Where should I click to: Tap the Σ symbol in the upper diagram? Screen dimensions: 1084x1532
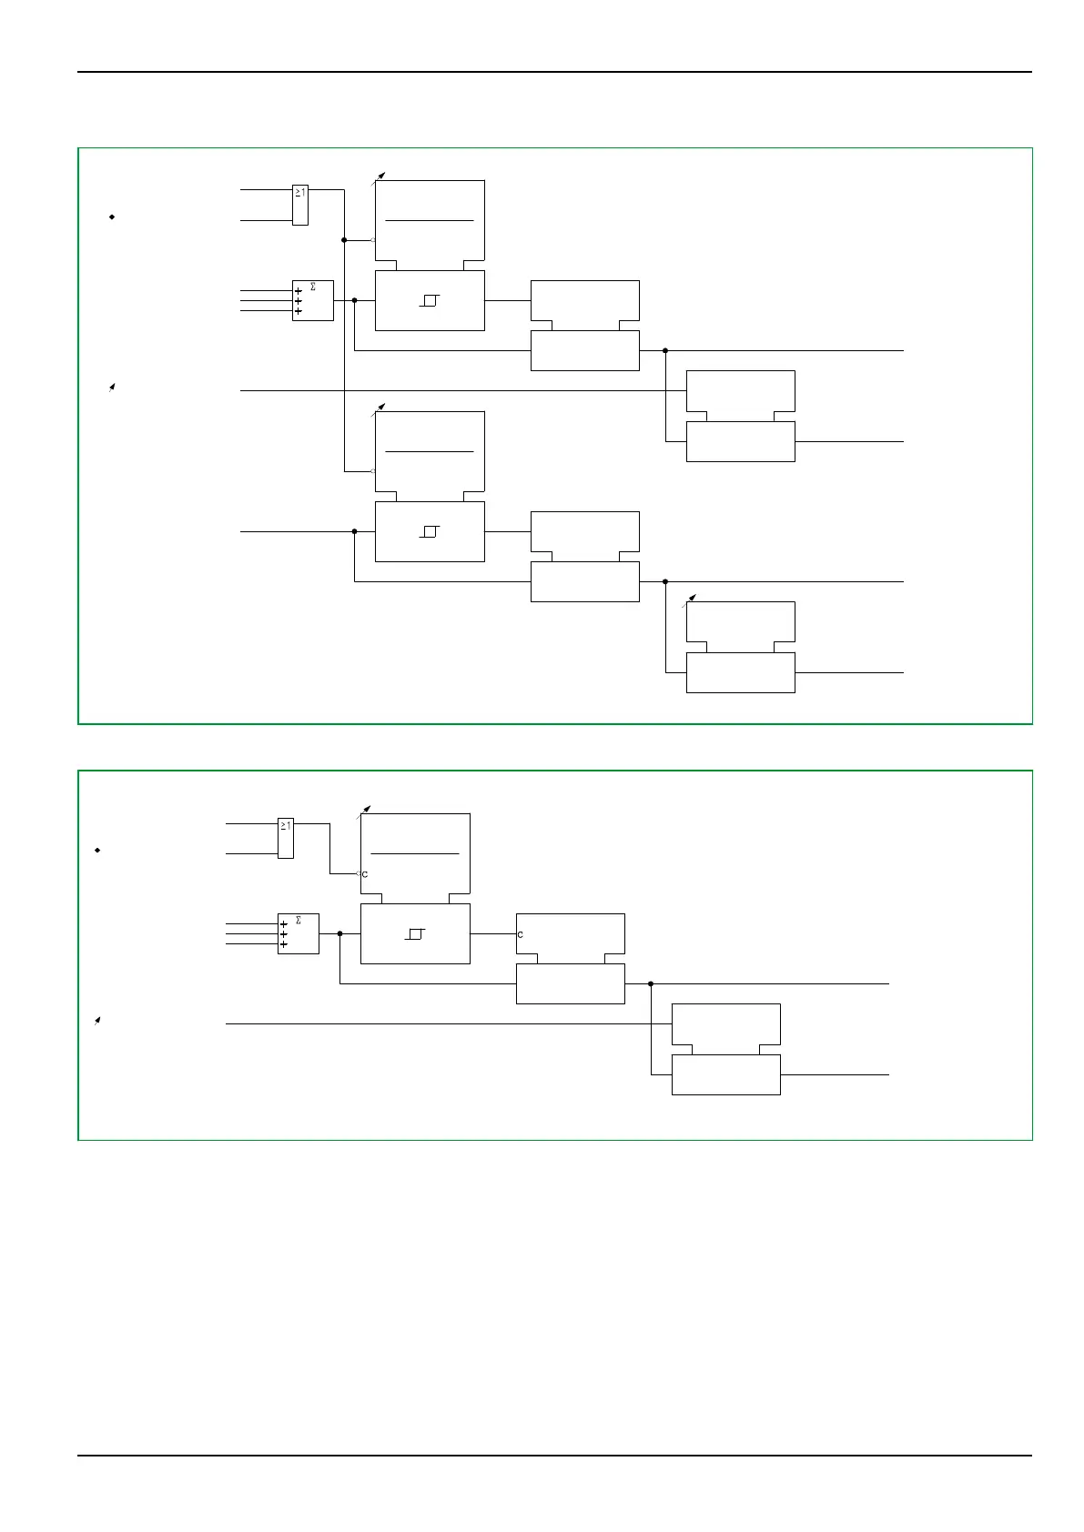[313, 287]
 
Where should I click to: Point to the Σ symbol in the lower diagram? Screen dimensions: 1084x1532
[299, 921]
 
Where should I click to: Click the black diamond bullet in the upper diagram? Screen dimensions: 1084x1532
[111, 217]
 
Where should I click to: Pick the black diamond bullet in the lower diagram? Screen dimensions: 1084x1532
[96, 850]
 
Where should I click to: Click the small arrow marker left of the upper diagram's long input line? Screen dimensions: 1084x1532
[111, 388]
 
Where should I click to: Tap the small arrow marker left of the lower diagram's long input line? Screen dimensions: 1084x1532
[96, 1021]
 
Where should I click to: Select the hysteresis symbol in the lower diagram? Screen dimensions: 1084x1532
[415, 934]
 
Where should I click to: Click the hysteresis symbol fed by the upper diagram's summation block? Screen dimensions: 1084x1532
[430, 300]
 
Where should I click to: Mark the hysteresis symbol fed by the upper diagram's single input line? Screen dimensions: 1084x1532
[430, 531]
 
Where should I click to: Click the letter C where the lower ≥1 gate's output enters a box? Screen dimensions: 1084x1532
[365, 874]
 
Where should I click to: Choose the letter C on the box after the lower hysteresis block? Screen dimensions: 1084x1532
[521, 934]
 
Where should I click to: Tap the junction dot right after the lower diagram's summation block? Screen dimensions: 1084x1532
[339, 933]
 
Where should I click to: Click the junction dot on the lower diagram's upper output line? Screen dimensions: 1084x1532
[651, 983]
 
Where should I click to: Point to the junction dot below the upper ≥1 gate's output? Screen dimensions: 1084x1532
[344, 240]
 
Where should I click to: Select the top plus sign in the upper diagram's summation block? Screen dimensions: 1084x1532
[299, 291]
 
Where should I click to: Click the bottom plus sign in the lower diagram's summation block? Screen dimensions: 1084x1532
[284, 944]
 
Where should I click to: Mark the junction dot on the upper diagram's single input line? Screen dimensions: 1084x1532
[354, 531]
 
